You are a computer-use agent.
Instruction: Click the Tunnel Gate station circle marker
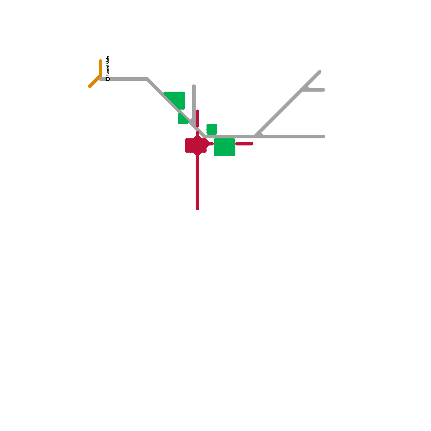coord(108,79)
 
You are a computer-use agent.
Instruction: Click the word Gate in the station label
coord(108,60)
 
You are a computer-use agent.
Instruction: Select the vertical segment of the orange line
coord(100,67)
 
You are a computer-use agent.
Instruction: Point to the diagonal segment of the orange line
coord(94,82)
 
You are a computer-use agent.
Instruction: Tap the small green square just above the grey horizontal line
coord(212,129)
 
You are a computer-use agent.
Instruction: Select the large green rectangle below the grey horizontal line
coord(224,147)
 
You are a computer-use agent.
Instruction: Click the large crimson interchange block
coord(196,145)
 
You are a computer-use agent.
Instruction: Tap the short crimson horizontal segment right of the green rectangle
coord(244,144)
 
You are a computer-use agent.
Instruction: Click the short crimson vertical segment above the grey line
coord(197,118)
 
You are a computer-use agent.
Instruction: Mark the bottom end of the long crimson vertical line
coord(197,208)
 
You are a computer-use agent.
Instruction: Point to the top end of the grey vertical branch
coord(194,86)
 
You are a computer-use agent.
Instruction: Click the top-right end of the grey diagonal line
coord(320,72)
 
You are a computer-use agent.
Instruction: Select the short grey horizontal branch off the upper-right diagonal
coord(315,90)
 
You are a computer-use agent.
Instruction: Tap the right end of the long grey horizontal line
coord(323,137)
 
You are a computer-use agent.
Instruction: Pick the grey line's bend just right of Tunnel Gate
coord(147,79)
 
